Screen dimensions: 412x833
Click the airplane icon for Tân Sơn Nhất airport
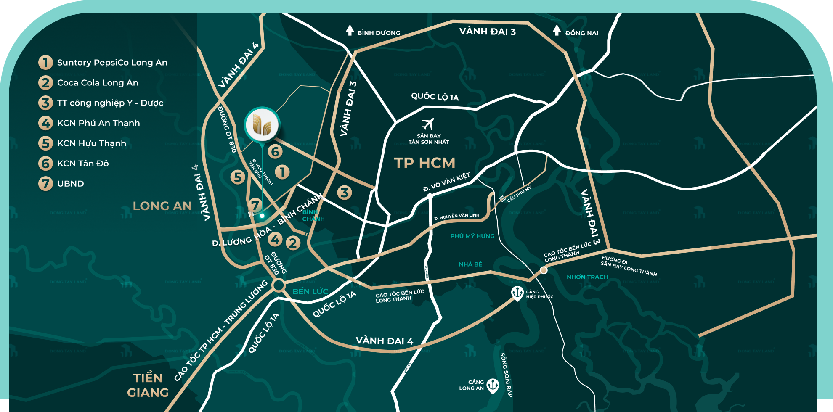click(428, 124)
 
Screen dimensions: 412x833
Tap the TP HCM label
click(424, 163)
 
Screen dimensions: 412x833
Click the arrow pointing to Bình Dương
click(350, 30)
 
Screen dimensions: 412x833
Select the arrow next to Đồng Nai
click(557, 30)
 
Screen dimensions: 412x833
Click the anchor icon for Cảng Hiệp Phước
click(517, 293)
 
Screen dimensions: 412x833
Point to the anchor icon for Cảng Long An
click(493, 385)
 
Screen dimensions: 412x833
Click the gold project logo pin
click(262, 125)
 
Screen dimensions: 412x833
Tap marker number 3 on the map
click(345, 193)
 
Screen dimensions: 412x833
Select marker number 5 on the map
click(238, 177)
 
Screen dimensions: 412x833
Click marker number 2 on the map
click(293, 243)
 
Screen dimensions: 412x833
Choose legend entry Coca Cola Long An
click(98, 83)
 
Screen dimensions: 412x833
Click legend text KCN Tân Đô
click(83, 164)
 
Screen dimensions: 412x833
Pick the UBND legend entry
click(70, 184)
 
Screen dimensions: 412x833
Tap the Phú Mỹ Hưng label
click(472, 236)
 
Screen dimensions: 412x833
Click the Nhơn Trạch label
click(587, 277)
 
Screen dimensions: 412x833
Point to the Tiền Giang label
click(148, 385)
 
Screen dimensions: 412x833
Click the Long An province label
click(162, 206)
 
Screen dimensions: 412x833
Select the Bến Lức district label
click(310, 291)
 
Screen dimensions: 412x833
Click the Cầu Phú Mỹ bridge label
click(519, 194)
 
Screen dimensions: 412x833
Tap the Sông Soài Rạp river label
click(506, 375)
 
